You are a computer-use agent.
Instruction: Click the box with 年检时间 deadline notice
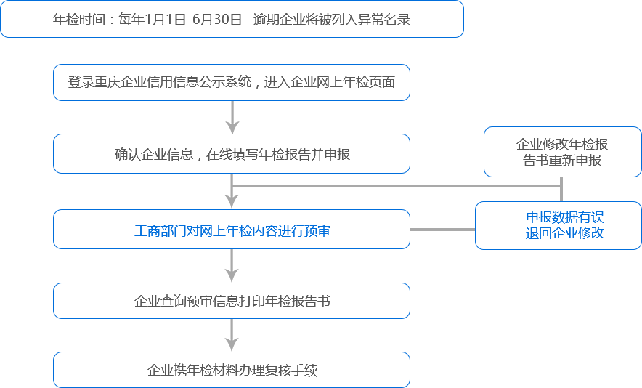coord(232,20)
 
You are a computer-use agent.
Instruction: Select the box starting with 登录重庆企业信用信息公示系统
coord(232,82)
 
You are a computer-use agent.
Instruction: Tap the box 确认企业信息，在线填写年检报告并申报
coord(232,154)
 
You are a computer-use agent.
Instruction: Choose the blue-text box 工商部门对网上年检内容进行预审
coord(232,230)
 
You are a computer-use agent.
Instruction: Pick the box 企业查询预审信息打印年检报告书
coord(232,301)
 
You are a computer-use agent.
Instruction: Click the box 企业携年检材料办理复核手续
coord(232,371)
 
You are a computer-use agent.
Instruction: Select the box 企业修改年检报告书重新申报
coord(562,153)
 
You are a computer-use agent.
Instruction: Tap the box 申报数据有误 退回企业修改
coord(558,226)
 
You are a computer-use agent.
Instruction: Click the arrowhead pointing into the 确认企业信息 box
coord(232,127)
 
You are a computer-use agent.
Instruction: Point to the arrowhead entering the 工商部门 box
coord(232,203)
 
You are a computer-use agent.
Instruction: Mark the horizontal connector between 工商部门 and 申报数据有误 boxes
coord(442,230)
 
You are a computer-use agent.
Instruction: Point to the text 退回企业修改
coord(565,234)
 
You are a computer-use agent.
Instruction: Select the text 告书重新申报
coord(562,161)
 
